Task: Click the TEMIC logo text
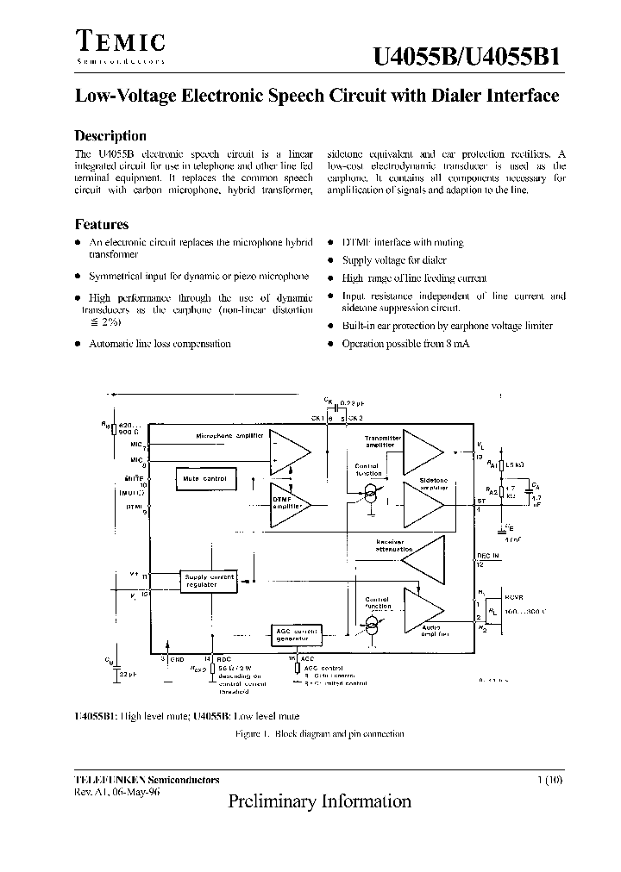coord(120,41)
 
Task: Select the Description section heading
coord(110,136)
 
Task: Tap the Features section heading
coord(102,224)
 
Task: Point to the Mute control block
coord(204,478)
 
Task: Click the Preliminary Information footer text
coord(320,801)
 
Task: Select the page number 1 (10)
coord(549,780)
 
